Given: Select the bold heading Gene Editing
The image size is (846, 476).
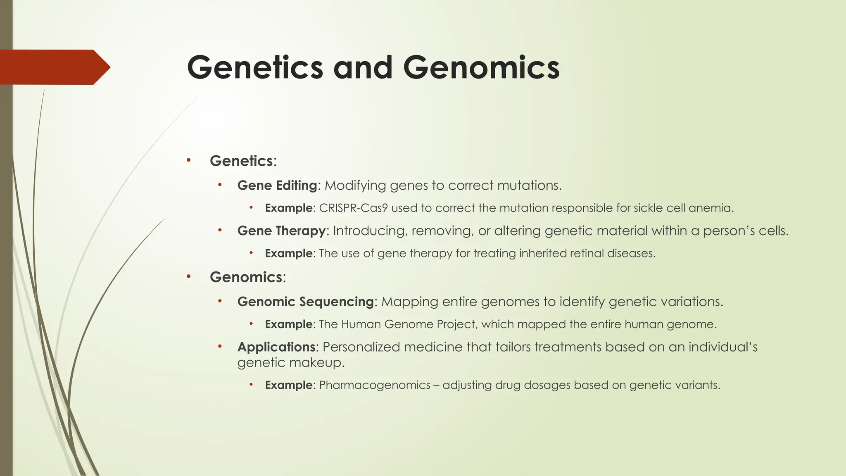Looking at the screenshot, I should coord(277,186).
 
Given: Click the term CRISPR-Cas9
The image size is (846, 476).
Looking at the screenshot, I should coord(353,208).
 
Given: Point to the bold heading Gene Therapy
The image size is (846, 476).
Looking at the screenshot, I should coord(281,231).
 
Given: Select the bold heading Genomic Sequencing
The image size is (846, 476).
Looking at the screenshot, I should coord(305,302).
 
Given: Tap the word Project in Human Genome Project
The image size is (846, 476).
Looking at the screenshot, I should coord(456,324).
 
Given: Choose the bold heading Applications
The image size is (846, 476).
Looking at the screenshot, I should coord(276,347).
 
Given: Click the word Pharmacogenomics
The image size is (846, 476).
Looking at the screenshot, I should coord(374,385).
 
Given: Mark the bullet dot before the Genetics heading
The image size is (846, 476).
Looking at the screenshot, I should coord(188,160).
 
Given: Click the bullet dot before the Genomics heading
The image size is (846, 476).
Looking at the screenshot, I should coord(188,276).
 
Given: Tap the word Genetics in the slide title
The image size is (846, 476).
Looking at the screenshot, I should coord(255,68).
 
